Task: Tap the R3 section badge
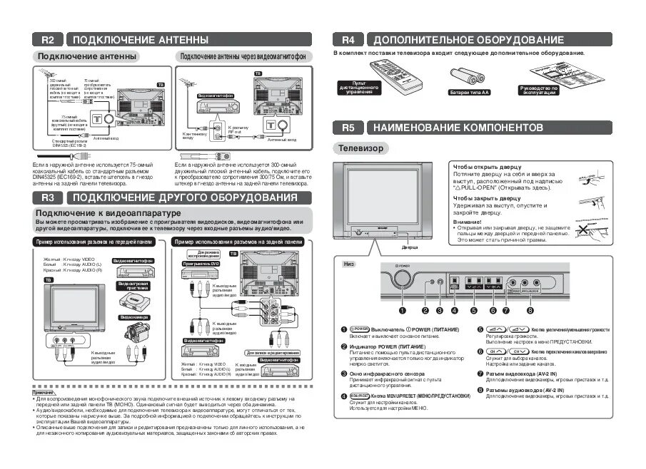pos(48,197)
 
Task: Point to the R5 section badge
pos(348,128)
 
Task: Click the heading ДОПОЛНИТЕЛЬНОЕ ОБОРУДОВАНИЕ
pos(468,40)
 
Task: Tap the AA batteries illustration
pos(465,76)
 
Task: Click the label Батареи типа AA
pos(469,92)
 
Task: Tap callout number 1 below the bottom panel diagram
pos(402,310)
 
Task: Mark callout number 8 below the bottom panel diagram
pos(530,310)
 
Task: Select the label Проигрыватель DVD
pos(200,264)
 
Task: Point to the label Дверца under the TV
pos(410,248)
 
